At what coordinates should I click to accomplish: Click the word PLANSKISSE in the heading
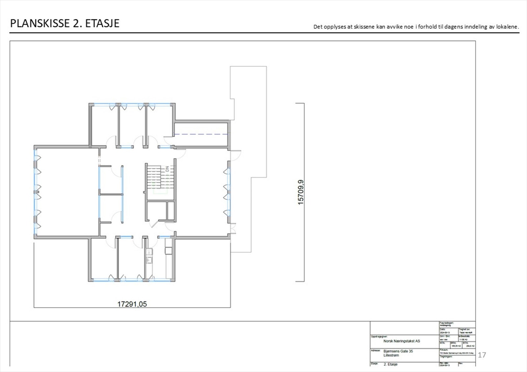pos(40,23)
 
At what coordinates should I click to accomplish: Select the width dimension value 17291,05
pos(132,304)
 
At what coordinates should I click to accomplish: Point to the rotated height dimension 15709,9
pos(301,192)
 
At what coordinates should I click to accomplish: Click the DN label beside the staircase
pos(167,169)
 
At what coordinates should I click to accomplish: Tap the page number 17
pos(482,355)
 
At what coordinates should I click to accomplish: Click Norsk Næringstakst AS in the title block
pos(402,341)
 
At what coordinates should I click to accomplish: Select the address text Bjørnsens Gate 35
pos(398,351)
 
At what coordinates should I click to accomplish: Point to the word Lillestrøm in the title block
pos(391,355)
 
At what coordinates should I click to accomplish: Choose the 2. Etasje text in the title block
pos(390,364)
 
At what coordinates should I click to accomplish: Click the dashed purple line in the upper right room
pos(201,134)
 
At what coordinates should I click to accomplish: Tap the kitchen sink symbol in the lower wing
pos(149,260)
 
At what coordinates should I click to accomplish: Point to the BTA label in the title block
pos(465,343)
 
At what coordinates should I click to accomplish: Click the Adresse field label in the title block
pos(375,350)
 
